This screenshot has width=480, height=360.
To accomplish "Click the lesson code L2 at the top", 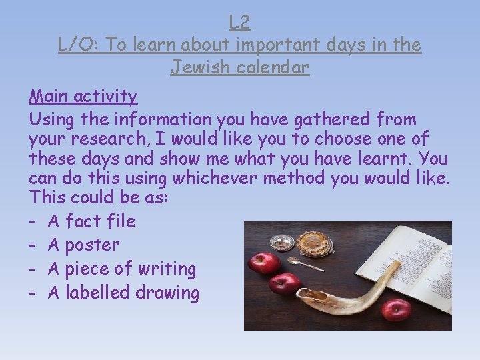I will (239, 23).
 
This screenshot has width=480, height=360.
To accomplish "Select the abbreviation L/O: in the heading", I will (79, 45).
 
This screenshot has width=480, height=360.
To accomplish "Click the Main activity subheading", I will (83, 96).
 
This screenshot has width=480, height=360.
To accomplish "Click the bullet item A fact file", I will (91, 221).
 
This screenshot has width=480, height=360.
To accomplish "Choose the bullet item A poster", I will (83, 245).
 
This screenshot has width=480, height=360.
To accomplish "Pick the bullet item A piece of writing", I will (121, 269).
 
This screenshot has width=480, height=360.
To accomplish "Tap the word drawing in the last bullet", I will (167, 293).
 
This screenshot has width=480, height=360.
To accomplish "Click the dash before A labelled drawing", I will (33, 293).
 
